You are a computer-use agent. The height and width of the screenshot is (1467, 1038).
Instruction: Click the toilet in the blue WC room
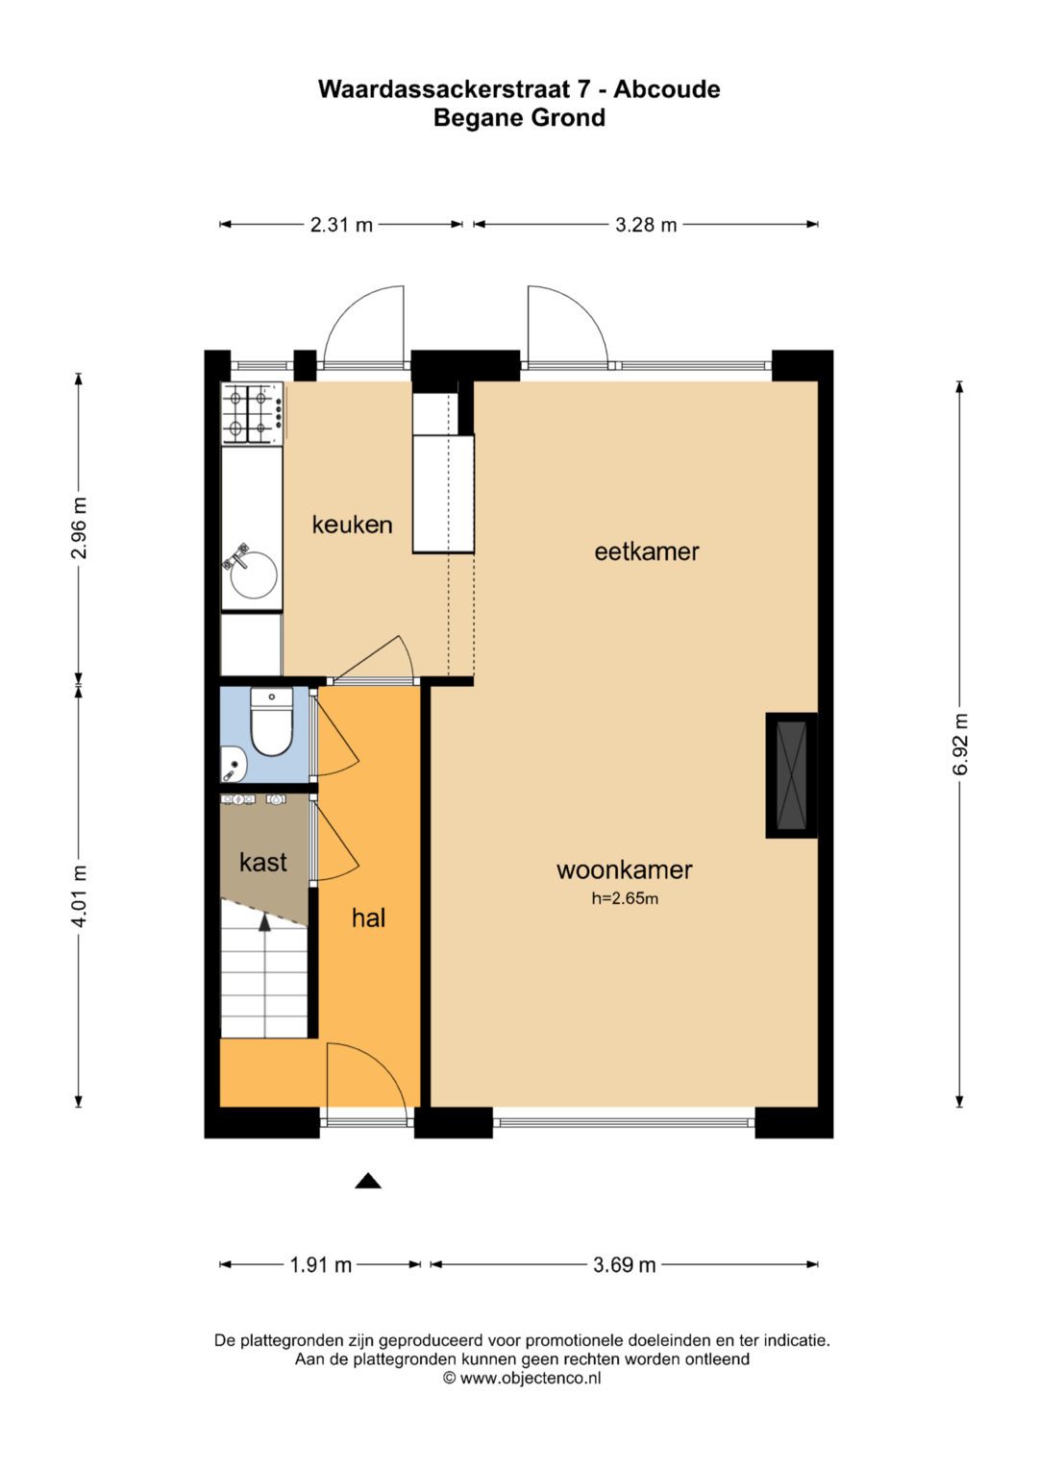(x=271, y=721)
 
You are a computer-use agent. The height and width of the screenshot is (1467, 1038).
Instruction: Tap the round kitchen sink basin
(x=254, y=575)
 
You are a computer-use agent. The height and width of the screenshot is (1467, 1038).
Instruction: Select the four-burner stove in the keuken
(x=252, y=413)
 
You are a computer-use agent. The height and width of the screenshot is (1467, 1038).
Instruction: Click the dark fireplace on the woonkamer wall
(x=792, y=774)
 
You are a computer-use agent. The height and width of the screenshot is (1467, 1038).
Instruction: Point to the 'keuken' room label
(x=352, y=525)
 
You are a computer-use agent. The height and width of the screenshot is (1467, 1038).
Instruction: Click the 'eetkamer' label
(x=647, y=551)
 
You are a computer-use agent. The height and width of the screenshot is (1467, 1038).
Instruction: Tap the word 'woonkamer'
(x=625, y=869)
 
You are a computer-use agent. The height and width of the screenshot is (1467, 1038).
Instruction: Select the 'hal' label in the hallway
(x=368, y=918)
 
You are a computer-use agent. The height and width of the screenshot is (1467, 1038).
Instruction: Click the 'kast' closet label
(x=262, y=862)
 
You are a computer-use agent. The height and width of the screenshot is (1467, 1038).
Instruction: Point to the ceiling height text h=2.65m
(x=625, y=899)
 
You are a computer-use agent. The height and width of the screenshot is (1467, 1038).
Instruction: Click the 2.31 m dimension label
(x=341, y=226)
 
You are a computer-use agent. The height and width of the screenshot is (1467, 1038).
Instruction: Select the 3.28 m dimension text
(x=646, y=226)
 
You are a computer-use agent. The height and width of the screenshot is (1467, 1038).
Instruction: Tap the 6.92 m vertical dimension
(x=960, y=744)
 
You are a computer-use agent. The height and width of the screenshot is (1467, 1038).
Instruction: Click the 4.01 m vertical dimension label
(x=79, y=895)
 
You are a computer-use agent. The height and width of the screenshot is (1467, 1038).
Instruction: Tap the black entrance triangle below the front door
(x=368, y=1181)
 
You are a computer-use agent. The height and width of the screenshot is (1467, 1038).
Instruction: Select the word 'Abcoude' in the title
(x=666, y=89)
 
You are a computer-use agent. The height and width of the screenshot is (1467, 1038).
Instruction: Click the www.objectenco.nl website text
(x=531, y=1378)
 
